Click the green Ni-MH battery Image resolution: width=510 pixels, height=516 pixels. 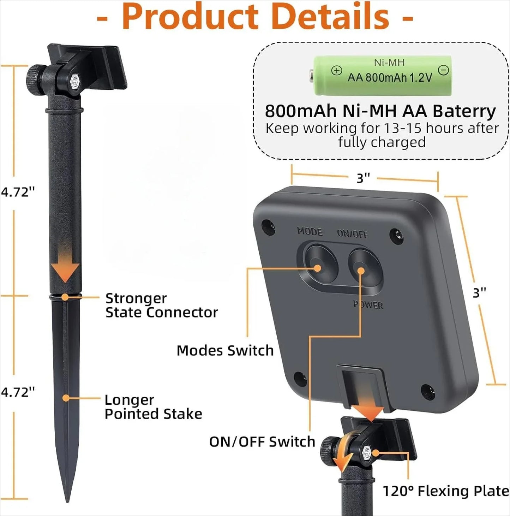tap(380, 75)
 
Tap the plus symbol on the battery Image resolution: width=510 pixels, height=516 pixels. tap(337, 71)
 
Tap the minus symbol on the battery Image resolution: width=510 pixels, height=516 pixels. tap(443, 70)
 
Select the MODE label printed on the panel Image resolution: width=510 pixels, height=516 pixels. tap(310, 231)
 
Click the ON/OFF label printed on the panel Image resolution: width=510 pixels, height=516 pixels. tap(352, 233)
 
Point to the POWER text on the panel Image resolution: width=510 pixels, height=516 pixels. tap(368, 304)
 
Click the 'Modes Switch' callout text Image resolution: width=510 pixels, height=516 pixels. tap(225, 350)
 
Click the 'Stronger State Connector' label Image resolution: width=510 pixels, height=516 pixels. tap(162, 305)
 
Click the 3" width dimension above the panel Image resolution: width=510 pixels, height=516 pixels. tap(363, 178)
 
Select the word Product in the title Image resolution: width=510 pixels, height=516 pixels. tap(190, 17)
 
